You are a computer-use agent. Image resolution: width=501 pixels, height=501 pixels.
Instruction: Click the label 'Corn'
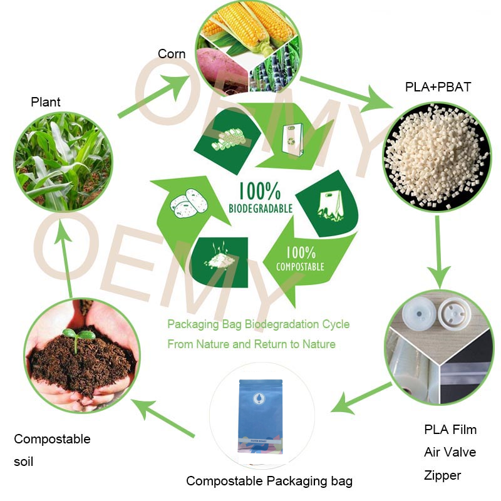(x=172, y=54)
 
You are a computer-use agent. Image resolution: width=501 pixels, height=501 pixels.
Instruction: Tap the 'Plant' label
(x=46, y=101)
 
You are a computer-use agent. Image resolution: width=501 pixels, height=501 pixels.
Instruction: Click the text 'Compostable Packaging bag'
(x=269, y=481)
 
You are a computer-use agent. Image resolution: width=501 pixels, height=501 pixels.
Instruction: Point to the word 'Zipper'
(x=442, y=475)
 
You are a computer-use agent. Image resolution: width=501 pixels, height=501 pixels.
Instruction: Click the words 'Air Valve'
(x=450, y=452)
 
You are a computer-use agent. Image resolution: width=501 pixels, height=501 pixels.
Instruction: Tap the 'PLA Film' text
(x=450, y=430)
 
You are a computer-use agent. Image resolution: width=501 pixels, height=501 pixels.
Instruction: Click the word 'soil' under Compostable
(x=24, y=462)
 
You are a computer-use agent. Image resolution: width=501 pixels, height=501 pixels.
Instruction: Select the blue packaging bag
(x=260, y=416)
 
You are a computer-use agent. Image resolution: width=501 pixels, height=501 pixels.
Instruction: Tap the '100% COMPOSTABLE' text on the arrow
(x=300, y=259)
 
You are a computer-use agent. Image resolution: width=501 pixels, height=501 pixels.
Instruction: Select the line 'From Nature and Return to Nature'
(x=251, y=344)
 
